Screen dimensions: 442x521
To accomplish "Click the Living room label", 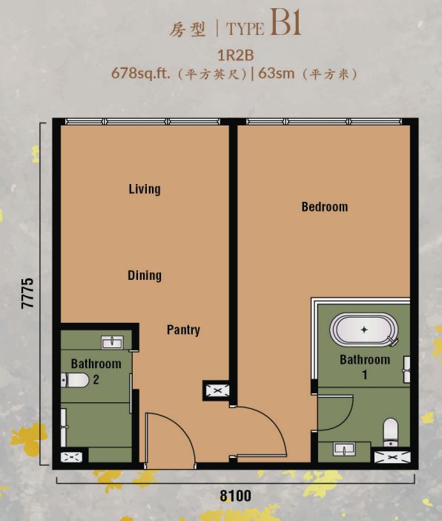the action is coord(145,189).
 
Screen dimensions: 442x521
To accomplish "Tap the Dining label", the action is coord(145,275).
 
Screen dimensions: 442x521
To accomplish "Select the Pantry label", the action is coord(183,330).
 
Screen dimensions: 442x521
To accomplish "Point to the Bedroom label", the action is coord(325,206).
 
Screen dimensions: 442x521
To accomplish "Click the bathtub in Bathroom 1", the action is coord(364,330).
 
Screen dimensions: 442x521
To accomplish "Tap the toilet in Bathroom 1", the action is coord(391,432).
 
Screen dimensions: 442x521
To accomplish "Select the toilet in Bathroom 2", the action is coord(75,380).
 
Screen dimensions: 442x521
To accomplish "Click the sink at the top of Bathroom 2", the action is coord(112,342).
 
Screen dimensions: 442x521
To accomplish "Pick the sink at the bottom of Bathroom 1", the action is coord(344,449).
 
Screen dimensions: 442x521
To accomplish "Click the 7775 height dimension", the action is coord(27,293).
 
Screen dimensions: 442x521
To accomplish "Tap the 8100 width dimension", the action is coord(235,496).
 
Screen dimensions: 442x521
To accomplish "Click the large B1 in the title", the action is coord(286,22).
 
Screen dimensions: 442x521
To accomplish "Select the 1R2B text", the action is coord(235,55).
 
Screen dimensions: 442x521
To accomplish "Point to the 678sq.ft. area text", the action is coord(140,73).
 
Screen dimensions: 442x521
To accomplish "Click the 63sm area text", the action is coord(277,73).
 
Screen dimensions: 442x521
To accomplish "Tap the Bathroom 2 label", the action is coord(96,371).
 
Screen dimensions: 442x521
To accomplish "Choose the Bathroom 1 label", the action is coord(365,367).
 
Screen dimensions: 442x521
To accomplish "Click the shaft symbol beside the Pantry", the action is coord(217,390).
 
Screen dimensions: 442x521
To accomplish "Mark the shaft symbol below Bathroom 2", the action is coord(71,457).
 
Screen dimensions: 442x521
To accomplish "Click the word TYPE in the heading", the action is coord(245,29).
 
